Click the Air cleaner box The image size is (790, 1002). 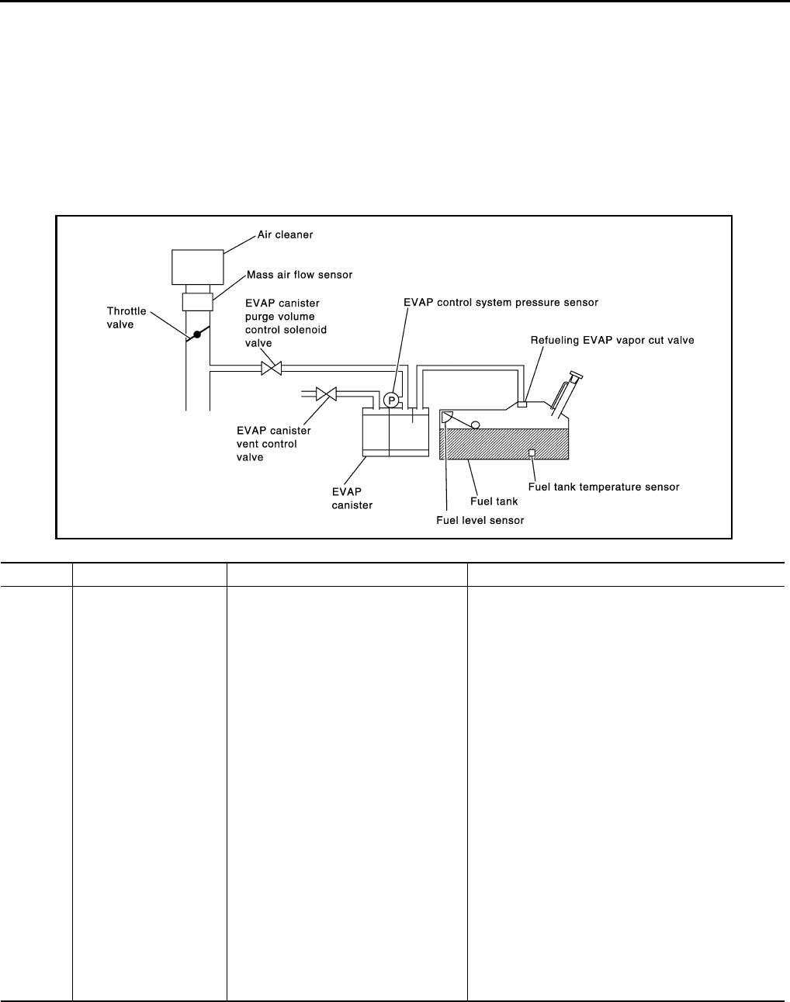[197, 266]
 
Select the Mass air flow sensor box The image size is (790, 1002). [197, 301]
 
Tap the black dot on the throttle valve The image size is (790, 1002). [197, 335]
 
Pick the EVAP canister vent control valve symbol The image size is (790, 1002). [326, 394]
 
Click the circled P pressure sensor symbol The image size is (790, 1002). [391, 400]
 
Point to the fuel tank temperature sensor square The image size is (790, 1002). [532, 452]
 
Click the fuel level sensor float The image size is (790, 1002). [475, 424]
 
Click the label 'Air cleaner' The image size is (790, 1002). [286, 235]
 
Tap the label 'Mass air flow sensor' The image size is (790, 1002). [300, 275]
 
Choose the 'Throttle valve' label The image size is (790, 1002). [126, 318]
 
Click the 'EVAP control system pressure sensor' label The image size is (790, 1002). [501, 302]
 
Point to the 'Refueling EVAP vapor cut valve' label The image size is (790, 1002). [612, 340]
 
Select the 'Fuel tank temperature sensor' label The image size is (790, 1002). [604, 487]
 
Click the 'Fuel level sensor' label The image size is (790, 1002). [480, 520]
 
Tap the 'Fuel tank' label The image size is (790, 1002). [494, 501]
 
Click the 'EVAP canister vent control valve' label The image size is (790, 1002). [273, 444]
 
